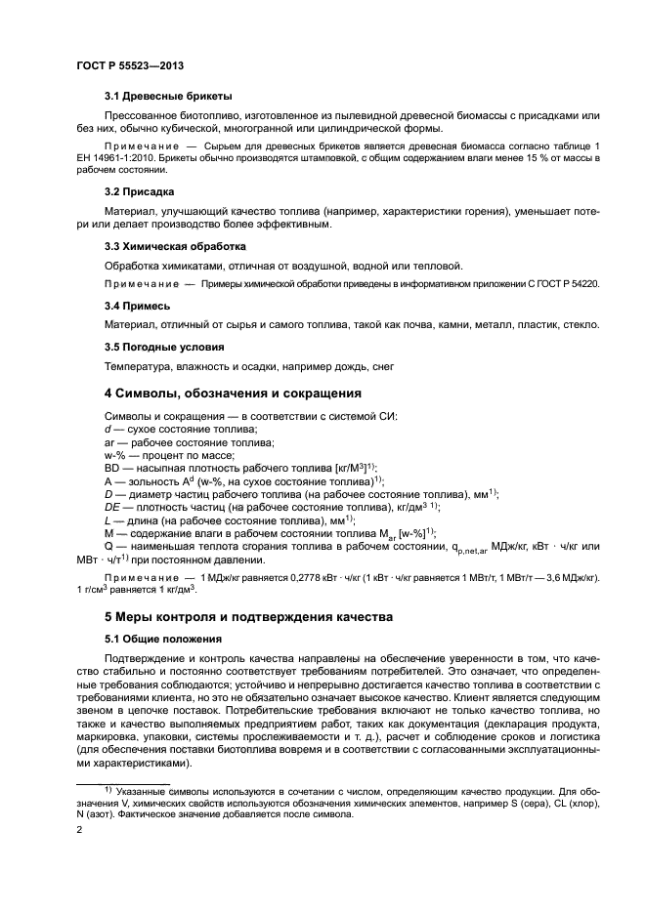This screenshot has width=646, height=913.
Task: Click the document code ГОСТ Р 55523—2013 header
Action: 131,64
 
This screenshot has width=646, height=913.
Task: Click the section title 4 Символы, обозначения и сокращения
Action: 233,394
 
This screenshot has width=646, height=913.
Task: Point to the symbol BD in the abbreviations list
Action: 113,468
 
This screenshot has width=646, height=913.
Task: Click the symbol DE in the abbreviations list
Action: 112,508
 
